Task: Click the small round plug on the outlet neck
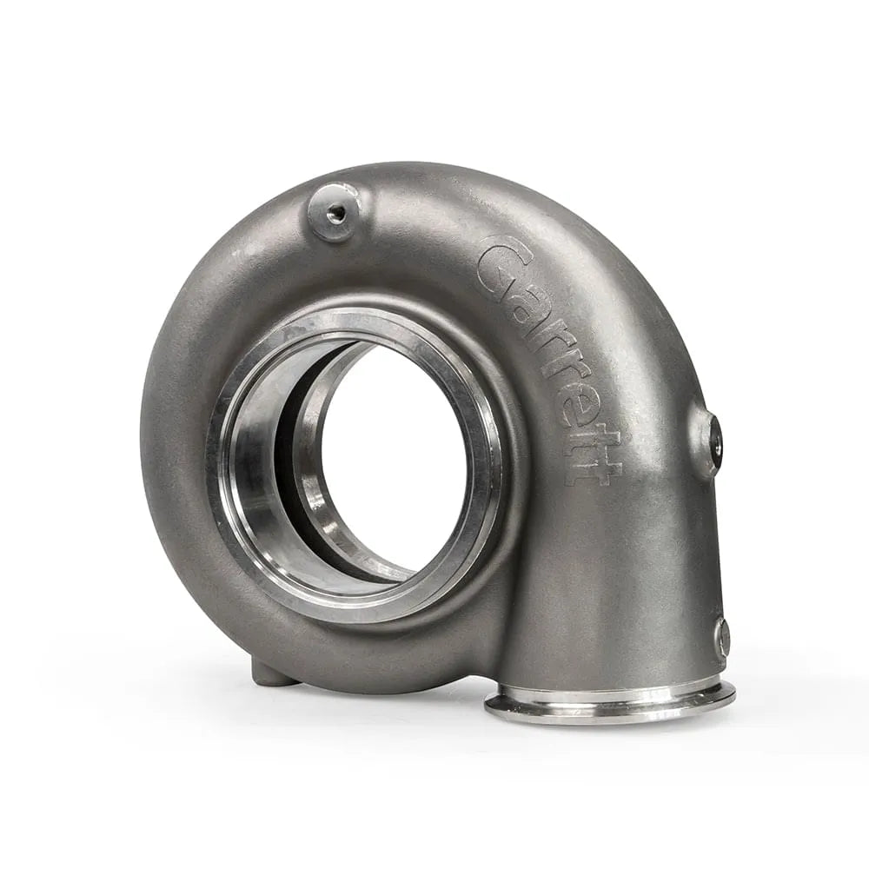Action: pyautogui.click(x=722, y=637)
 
